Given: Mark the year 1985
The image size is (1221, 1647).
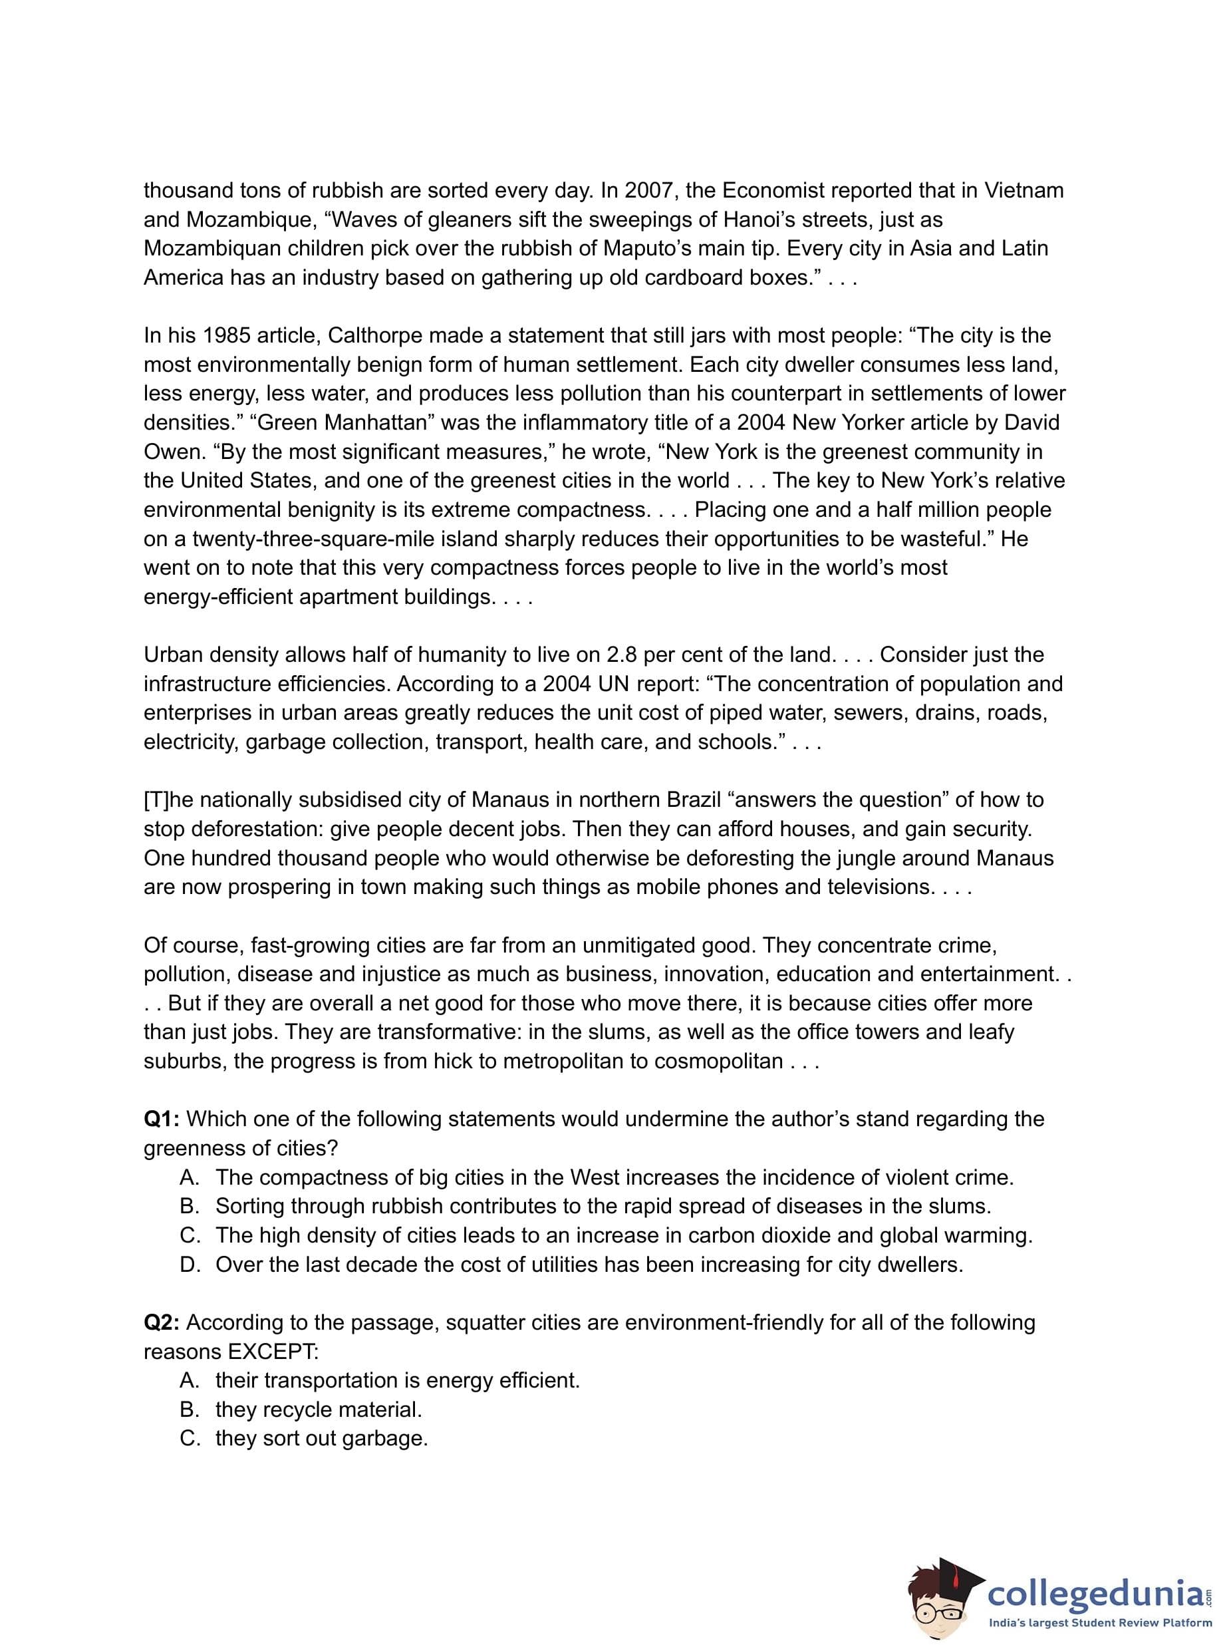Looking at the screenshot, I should (226, 336).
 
